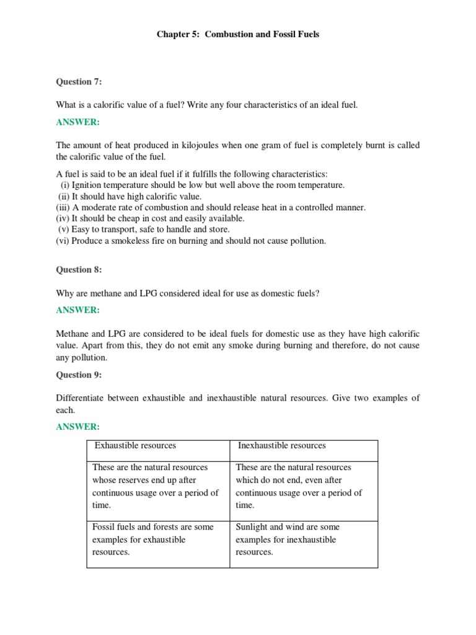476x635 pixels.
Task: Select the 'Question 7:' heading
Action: (x=79, y=82)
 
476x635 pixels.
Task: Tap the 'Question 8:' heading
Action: (x=79, y=270)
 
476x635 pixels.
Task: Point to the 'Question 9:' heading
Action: (x=79, y=375)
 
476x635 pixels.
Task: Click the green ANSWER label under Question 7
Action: (x=77, y=123)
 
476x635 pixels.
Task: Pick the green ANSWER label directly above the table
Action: (x=77, y=427)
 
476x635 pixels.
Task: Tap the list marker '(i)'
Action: (x=64, y=185)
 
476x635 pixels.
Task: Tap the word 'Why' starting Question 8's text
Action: (x=65, y=293)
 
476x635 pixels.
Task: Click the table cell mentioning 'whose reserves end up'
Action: (x=157, y=487)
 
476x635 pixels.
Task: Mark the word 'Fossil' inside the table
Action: (x=104, y=526)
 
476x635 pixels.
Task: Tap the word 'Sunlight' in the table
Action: (x=252, y=526)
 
